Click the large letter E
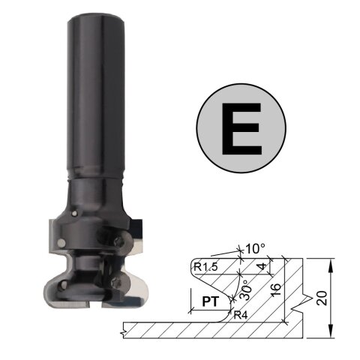pos(241,128)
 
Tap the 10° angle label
pos(255,249)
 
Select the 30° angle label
pos(245,289)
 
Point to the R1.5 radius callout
pos(205,267)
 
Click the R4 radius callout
pos(241,316)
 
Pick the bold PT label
pos(211,301)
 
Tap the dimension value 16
pos(276,290)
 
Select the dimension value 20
pos(322,298)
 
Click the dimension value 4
pos(262,266)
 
